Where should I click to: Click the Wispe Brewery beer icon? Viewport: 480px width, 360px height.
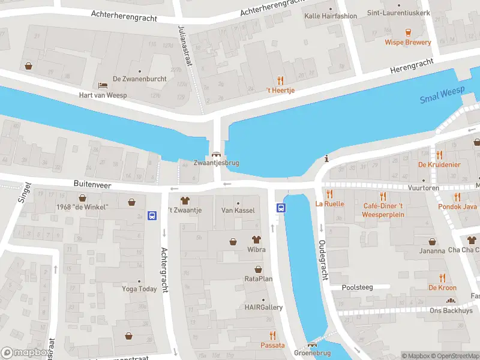408,32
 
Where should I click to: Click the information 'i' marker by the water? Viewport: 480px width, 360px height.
326,159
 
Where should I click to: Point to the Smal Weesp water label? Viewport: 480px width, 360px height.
442,95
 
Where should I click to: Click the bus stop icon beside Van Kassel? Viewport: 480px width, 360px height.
281,208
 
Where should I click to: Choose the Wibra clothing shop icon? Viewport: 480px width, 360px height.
256,239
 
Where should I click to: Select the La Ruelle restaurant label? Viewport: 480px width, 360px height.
330,203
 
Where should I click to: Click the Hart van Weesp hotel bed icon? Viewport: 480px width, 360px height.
103,85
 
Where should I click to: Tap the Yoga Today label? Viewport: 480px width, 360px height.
139,289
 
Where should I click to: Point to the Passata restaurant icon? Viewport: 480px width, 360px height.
272,335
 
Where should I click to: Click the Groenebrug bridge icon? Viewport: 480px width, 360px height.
311,344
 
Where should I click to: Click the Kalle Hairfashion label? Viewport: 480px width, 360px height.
331,16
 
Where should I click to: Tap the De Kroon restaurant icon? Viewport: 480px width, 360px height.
442,278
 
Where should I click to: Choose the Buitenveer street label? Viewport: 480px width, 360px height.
92,186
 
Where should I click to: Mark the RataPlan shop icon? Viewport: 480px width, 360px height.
259,269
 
